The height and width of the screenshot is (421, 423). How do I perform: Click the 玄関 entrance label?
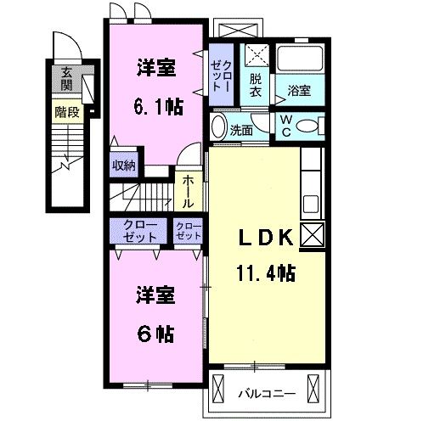tap(65, 81)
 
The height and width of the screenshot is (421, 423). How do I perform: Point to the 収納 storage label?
tap(124, 166)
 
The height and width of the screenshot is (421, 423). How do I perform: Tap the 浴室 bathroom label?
tap(299, 90)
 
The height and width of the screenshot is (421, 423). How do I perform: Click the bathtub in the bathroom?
tap(301, 60)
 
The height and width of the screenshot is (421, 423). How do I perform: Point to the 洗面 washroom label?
tap(243, 131)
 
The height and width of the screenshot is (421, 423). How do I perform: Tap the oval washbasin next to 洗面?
tap(218, 129)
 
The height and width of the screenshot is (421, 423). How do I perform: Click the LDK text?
tap(263, 239)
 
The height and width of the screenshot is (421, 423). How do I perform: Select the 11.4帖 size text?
tap(265, 273)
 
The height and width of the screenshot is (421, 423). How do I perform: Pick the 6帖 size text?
tap(155, 333)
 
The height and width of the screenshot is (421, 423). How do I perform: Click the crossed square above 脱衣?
tap(255, 55)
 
